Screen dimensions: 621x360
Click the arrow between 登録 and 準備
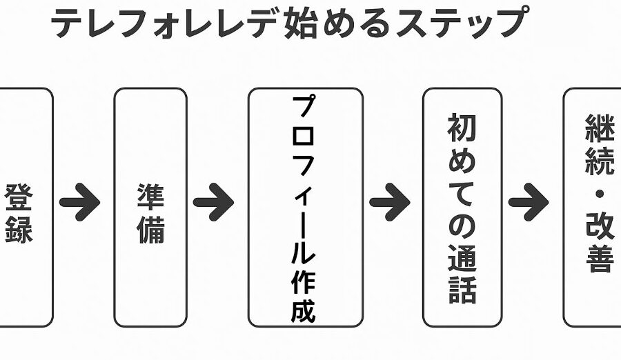[79, 202]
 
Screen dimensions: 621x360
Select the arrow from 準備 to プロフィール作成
[213, 202]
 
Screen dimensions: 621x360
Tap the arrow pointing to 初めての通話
[390, 202]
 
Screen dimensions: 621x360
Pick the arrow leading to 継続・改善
[529, 202]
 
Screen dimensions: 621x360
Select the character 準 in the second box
[150, 197]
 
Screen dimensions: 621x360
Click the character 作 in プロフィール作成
[304, 283]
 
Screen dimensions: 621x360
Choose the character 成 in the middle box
[304, 311]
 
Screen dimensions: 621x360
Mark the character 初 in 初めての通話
[462, 128]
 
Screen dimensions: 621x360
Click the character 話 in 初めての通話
[462, 290]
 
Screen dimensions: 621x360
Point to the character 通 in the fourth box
[462, 257]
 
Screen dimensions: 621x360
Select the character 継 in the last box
[600, 128]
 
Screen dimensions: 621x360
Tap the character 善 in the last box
[600, 258]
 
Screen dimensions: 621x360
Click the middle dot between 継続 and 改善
[600, 194]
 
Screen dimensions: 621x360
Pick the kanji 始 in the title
[301, 22]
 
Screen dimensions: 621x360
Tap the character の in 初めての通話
[462, 225]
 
